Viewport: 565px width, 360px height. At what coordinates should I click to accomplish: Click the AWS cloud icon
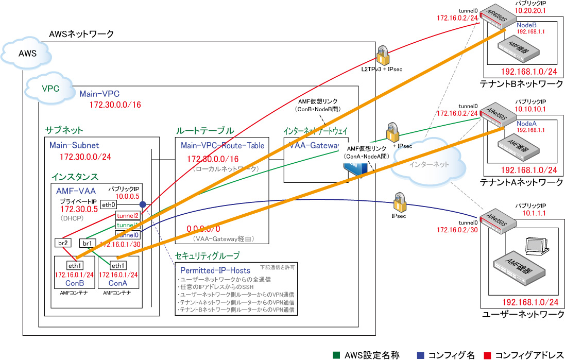(x=27, y=53)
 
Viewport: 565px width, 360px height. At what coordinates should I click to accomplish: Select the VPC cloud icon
(x=50, y=88)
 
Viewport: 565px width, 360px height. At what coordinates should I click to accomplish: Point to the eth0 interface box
(x=109, y=204)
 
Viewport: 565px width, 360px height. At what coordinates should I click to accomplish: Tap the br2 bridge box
(x=62, y=243)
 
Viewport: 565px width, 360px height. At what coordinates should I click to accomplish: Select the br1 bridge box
(x=87, y=243)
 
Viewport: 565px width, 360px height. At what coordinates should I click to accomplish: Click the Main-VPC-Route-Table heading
(x=222, y=146)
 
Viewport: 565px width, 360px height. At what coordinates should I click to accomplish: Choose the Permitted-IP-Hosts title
(x=215, y=270)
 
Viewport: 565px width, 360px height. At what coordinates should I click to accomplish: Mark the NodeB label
(x=527, y=24)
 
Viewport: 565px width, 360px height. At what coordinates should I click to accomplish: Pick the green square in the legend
(x=336, y=355)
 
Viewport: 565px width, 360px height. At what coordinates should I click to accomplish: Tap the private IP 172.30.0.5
(x=79, y=210)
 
